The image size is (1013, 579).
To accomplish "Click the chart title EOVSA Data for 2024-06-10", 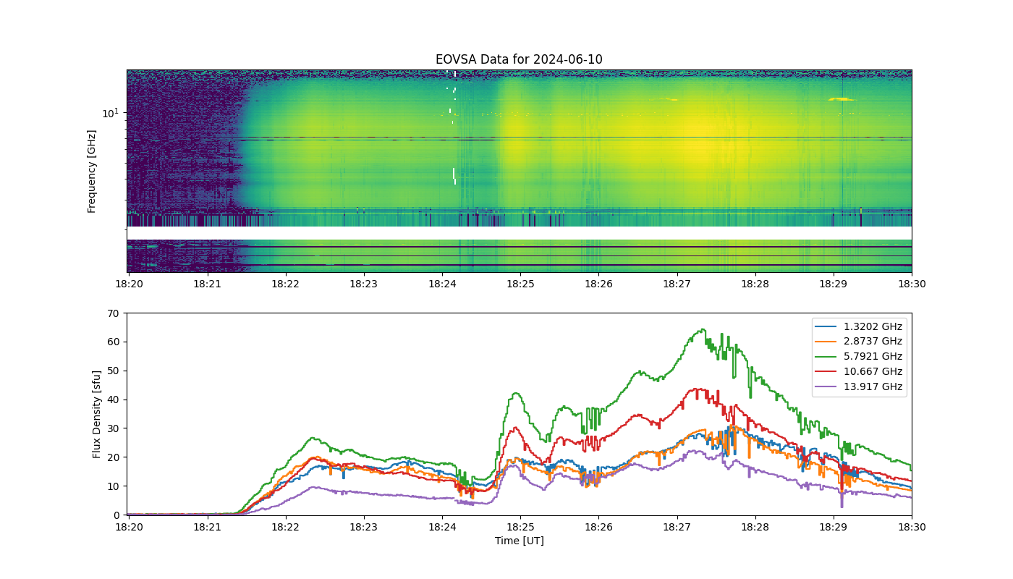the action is tap(519, 59).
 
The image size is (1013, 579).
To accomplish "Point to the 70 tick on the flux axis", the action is tap(114, 313).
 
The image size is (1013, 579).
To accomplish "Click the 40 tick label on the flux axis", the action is tap(114, 400).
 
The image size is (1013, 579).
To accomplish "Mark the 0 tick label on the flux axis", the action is tap(116, 515).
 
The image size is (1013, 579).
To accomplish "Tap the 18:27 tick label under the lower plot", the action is tap(677, 527).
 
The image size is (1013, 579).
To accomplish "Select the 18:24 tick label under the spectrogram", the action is tap(442, 284).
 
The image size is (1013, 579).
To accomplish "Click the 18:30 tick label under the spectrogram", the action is tap(912, 284).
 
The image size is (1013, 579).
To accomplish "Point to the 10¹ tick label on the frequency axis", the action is tap(110, 113).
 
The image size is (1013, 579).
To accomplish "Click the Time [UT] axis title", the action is tap(520, 541).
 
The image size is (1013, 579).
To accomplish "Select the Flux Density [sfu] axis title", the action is tap(96, 414).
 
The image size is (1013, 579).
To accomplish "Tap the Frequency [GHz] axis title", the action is tap(91, 172).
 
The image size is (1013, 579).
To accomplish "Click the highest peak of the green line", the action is tap(703, 329).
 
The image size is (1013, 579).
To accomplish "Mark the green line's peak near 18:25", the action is tap(516, 393).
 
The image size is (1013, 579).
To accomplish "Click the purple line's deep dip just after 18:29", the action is tap(842, 507).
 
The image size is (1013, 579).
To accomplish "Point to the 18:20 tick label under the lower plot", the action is tap(129, 527).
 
